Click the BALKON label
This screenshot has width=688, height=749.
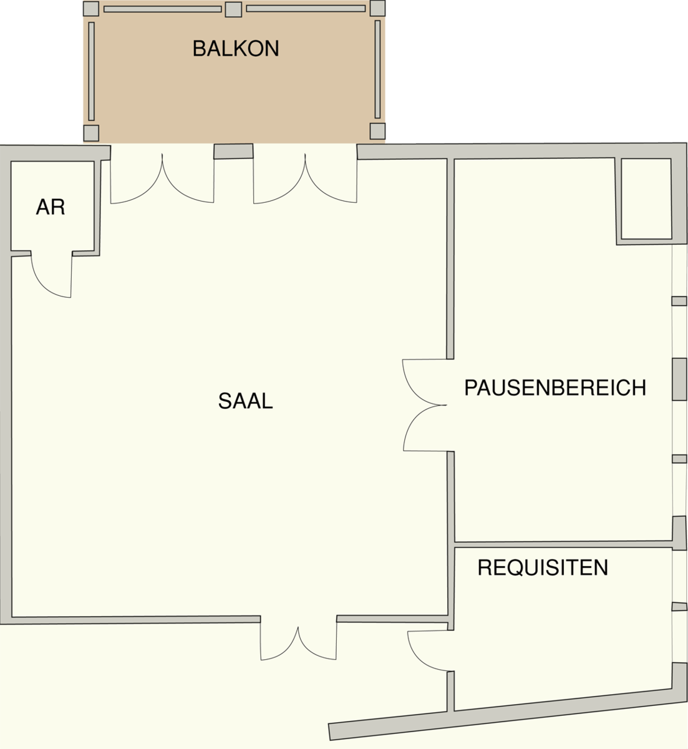click(235, 49)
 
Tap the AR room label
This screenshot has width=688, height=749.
click(51, 207)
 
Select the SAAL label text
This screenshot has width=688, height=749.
click(245, 401)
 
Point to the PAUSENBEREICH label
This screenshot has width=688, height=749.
click(555, 388)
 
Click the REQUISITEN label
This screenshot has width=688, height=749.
click(542, 567)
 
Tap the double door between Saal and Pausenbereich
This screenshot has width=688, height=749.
click(425, 404)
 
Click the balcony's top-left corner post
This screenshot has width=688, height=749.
click(91, 9)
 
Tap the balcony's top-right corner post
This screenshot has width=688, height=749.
click(377, 8)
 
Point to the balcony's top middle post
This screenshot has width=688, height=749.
click(233, 9)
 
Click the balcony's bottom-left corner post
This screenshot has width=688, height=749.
click(91, 132)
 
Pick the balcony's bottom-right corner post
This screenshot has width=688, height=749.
click(377, 131)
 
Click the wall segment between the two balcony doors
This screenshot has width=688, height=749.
click(234, 152)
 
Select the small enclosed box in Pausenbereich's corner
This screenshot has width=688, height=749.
click(646, 199)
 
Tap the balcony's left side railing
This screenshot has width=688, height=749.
click(91, 71)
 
